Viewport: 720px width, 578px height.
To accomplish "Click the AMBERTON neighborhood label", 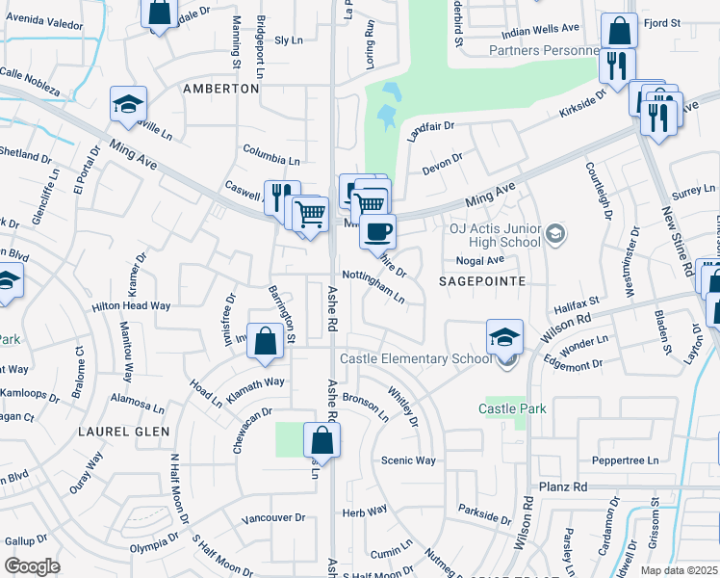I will [x=221, y=89].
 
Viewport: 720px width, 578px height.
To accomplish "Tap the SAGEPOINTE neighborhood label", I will [x=481, y=281].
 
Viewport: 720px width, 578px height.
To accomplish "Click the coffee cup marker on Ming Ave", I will [x=377, y=231].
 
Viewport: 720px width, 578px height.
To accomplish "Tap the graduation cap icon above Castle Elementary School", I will [x=504, y=337].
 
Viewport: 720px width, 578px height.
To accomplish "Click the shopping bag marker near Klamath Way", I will [x=265, y=340].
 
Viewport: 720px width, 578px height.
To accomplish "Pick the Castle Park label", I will [x=513, y=409].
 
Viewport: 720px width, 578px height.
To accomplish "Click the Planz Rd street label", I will [x=563, y=487].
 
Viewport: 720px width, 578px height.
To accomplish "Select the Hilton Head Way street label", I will [x=131, y=305].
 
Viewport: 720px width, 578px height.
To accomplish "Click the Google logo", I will [x=32, y=566].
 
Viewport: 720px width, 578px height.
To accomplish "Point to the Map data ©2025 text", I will [x=679, y=570].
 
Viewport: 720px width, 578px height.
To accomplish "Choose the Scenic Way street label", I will [x=408, y=460].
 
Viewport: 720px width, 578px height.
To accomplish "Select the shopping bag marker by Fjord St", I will [x=619, y=31].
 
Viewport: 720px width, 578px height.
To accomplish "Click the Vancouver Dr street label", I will [x=272, y=517].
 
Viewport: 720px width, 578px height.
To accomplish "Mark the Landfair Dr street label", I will [x=429, y=125].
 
